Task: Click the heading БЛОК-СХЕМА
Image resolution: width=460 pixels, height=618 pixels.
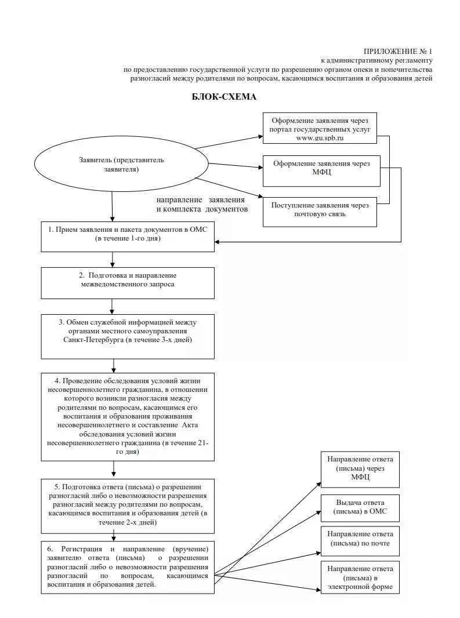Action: click(224, 97)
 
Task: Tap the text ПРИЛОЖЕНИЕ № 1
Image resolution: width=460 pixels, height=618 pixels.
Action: click(398, 52)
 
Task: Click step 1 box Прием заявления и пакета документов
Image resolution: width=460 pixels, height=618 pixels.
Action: click(128, 235)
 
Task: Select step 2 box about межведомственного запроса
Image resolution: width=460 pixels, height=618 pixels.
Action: click(128, 281)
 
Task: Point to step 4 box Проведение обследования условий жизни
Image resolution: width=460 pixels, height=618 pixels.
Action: click(128, 416)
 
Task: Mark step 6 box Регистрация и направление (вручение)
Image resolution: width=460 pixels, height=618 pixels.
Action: click(128, 567)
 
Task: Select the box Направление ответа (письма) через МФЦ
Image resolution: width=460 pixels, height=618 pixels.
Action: click(360, 468)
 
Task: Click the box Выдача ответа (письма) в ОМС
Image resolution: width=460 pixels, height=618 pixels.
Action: click(360, 507)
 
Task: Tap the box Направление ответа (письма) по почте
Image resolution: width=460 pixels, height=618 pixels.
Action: click(360, 539)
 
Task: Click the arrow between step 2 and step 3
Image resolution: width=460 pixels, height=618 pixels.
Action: click(113, 306)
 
